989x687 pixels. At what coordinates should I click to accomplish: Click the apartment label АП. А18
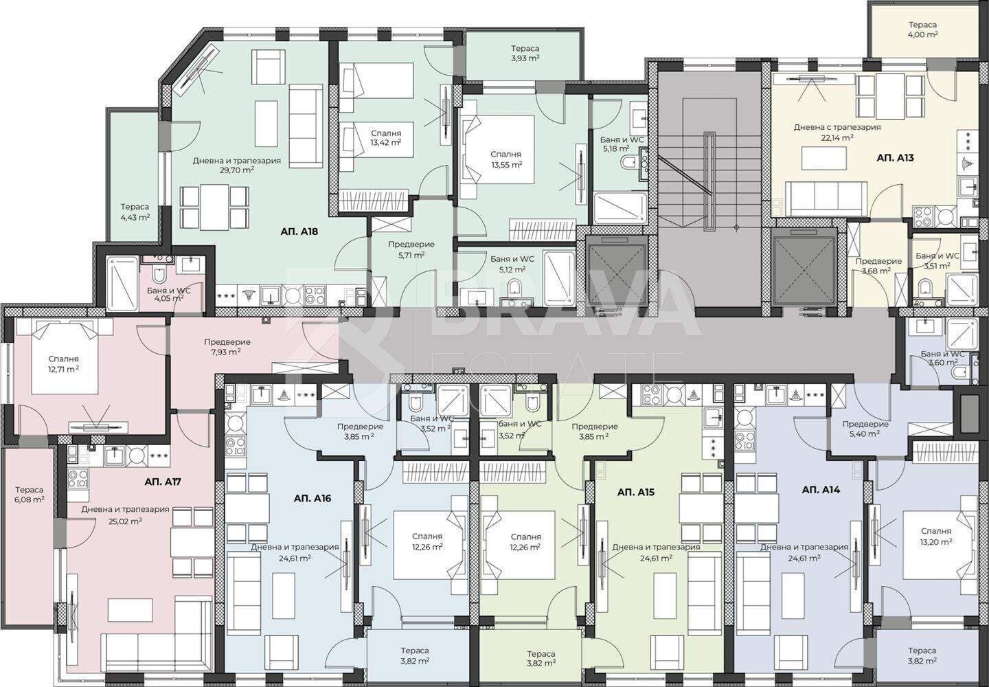299,232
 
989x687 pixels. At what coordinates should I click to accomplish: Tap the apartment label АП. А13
895,157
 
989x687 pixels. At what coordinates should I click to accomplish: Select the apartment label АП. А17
163,482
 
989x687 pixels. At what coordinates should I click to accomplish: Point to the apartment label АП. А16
312,499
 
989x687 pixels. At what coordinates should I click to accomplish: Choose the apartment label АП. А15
635,492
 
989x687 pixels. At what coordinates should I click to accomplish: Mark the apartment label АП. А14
821,490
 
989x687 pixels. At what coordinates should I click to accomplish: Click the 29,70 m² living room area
238,170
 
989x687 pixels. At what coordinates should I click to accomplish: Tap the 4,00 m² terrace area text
922,34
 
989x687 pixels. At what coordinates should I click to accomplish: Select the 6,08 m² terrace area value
30,499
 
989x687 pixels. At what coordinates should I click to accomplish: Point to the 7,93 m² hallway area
225,352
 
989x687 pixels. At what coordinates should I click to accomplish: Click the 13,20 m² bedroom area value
935,541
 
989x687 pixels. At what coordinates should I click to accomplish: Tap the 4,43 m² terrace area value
135,217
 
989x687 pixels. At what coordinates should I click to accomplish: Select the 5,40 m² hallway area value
865,434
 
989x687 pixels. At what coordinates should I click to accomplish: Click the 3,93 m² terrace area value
525,58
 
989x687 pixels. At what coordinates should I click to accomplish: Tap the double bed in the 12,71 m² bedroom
65,357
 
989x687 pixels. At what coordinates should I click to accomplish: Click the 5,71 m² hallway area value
410,255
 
